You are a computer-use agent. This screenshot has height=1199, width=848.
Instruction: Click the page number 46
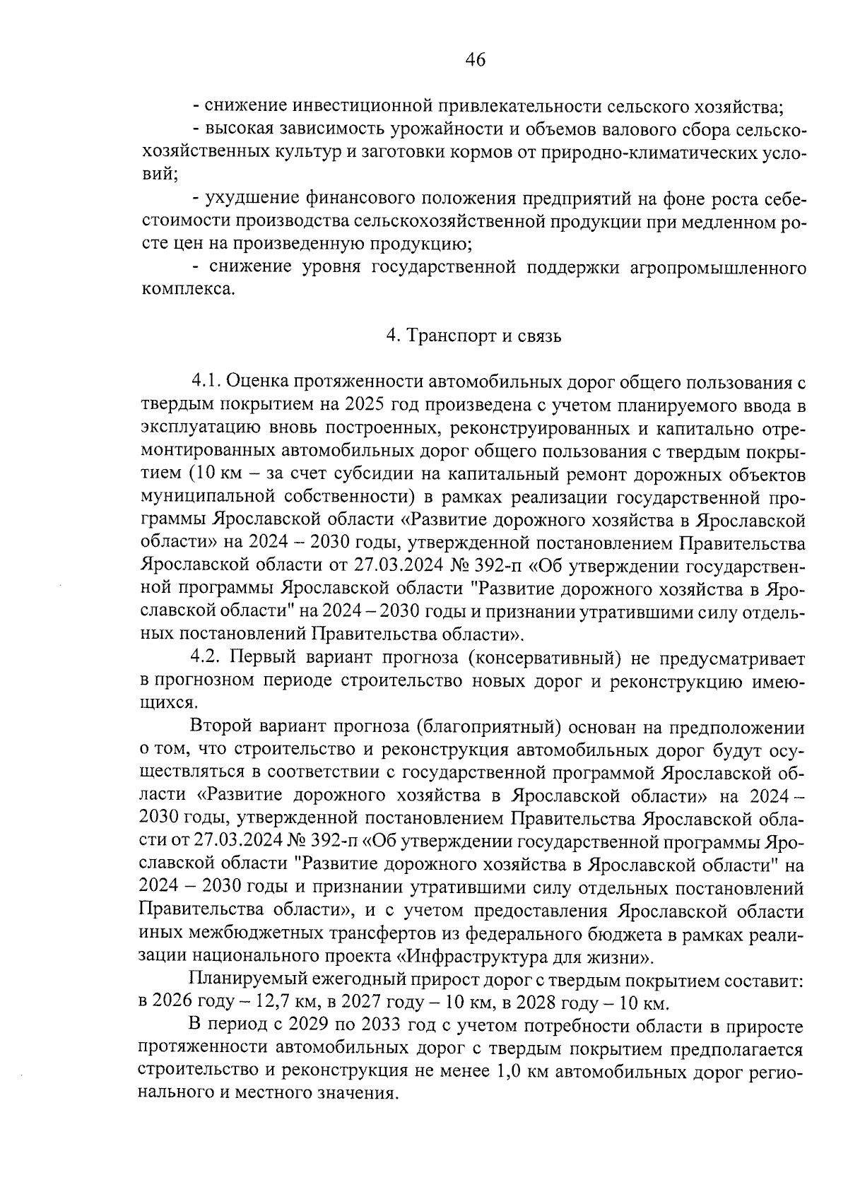coord(475,61)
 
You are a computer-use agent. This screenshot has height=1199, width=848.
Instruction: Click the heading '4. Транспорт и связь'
coord(473,336)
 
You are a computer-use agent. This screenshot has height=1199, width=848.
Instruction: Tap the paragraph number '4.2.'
coord(207,658)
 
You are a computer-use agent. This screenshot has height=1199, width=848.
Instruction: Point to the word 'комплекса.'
coord(187,290)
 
